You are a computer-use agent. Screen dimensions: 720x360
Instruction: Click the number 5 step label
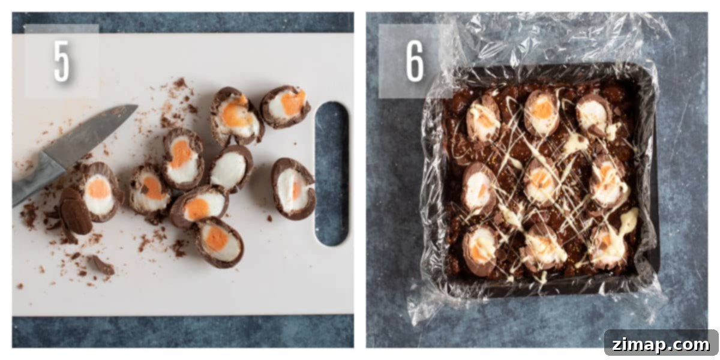[x=61, y=61]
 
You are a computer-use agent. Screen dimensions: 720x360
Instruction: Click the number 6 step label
[x=415, y=62]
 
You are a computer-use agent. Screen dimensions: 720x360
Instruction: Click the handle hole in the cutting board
[x=332, y=173]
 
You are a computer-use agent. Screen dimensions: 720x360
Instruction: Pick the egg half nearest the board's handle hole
[x=293, y=189]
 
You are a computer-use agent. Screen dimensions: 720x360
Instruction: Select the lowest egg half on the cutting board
[x=220, y=242]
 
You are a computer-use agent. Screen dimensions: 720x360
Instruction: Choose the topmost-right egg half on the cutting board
[x=285, y=106]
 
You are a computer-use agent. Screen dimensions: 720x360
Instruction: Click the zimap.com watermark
[x=661, y=344]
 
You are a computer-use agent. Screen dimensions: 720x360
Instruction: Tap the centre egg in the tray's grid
[x=542, y=182]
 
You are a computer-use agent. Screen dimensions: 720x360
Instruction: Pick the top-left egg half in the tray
[x=483, y=118]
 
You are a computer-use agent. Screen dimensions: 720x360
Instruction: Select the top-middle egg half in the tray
[x=542, y=113]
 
